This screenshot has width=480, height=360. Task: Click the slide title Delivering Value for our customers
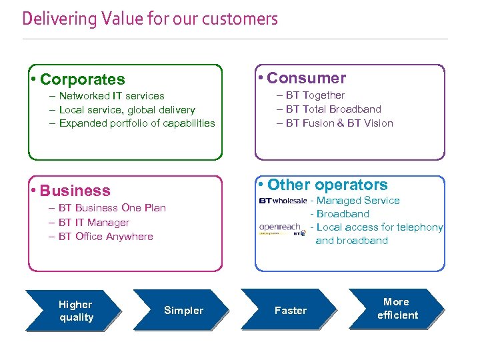150,19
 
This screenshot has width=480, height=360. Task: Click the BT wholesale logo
283,201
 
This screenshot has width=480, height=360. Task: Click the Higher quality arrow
74,311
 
